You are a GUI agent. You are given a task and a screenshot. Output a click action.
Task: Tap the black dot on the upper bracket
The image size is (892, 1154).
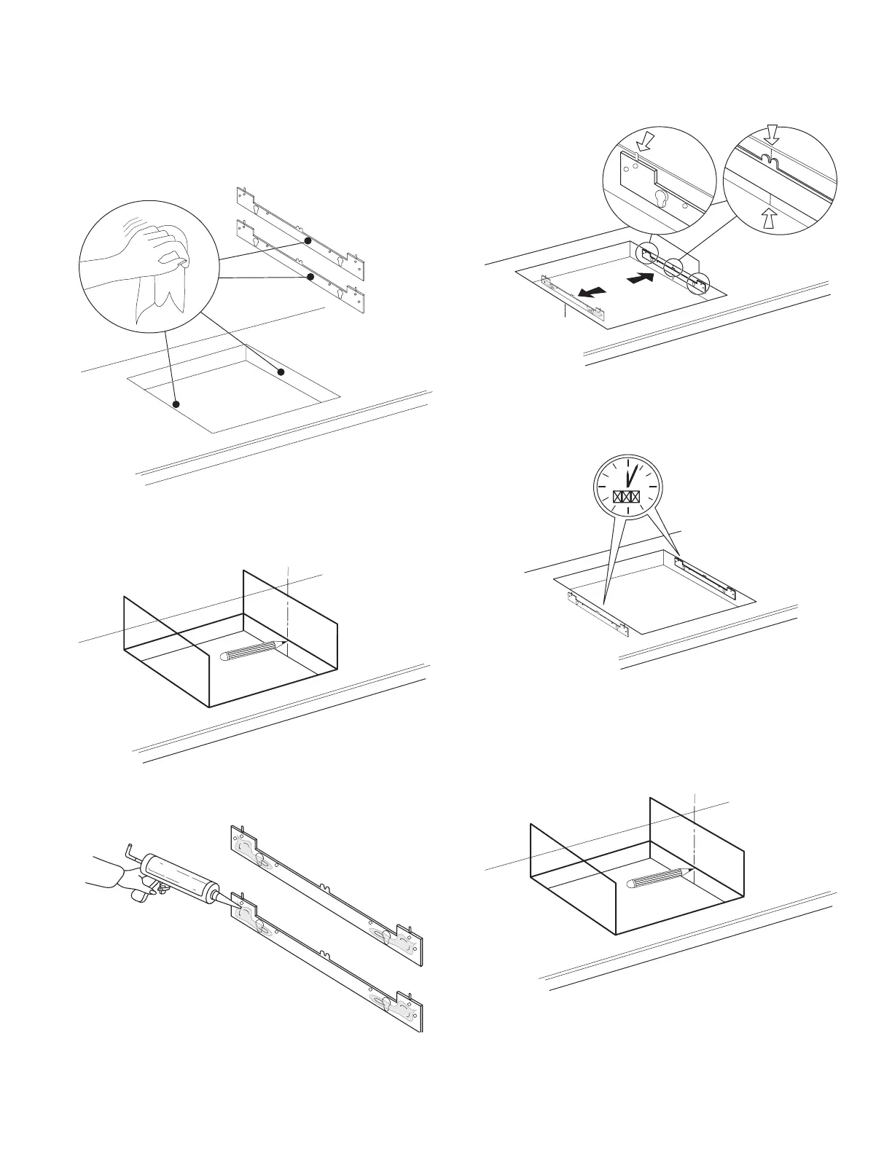(308, 240)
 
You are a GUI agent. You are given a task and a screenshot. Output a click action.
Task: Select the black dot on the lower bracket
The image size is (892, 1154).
(311, 277)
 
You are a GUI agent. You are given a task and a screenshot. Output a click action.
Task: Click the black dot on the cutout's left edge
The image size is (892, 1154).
(176, 404)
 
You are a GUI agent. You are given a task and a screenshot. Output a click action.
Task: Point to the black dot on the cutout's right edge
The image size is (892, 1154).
(281, 372)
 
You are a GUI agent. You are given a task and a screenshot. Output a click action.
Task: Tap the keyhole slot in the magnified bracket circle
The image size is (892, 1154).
(662, 198)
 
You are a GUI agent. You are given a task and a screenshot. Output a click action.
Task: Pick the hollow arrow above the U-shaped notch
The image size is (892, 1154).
(772, 134)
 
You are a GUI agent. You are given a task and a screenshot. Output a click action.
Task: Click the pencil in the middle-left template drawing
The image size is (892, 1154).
(251, 651)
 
